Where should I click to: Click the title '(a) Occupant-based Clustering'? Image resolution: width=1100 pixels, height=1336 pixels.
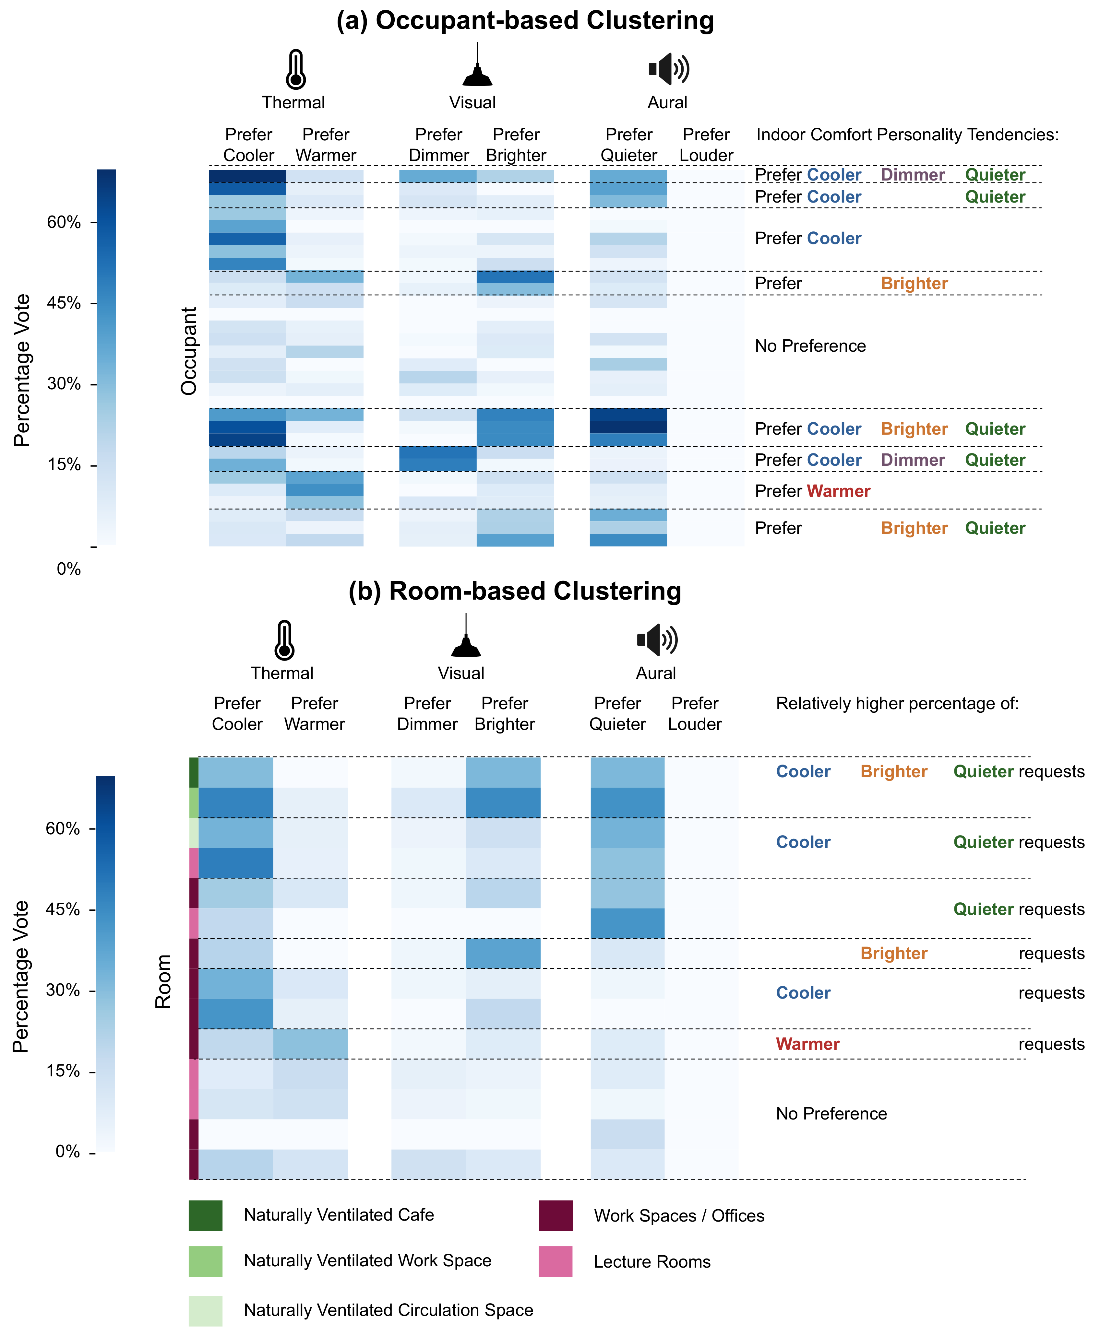(x=525, y=21)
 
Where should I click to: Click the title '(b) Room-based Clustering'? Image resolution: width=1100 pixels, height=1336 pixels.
(x=515, y=592)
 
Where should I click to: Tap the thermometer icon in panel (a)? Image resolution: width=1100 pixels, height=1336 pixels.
(x=296, y=69)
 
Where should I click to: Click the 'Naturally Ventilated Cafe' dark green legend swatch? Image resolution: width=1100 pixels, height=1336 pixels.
(x=205, y=1215)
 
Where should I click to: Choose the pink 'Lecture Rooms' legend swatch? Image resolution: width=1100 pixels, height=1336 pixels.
(x=556, y=1261)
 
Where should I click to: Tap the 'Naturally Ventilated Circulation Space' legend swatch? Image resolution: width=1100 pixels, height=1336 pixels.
(x=205, y=1311)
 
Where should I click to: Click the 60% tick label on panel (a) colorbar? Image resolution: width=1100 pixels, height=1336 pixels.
(x=64, y=222)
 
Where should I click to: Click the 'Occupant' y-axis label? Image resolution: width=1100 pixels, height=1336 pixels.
(x=189, y=351)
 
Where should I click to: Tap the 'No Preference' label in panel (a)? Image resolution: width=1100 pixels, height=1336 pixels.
(x=810, y=346)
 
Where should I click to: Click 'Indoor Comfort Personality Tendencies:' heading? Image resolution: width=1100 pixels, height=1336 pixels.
(x=907, y=135)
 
